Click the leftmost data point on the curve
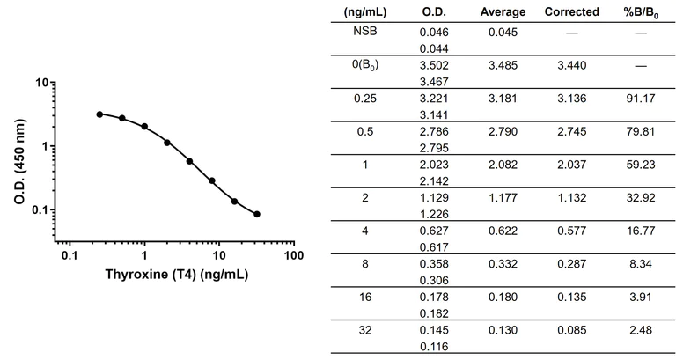point(99,114)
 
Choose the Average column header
point(503,11)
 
